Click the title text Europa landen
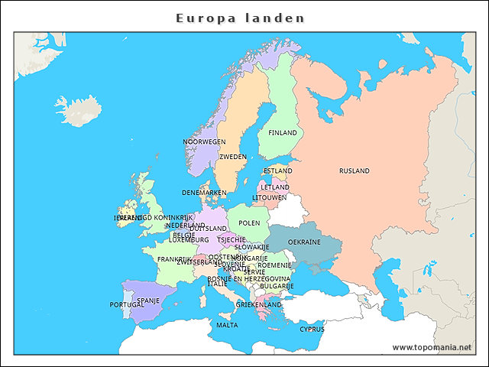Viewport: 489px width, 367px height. pos(240,18)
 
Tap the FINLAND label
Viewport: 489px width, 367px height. pos(282,133)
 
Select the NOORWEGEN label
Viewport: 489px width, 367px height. pos(204,142)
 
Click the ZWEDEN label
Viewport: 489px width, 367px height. pos(233,157)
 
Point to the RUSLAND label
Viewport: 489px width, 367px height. pos(355,171)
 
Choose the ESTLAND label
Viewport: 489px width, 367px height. pos(277,171)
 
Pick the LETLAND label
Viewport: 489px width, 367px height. pos(275,187)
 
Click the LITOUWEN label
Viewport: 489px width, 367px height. pos(270,197)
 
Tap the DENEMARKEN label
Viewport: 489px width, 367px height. pos(204,193)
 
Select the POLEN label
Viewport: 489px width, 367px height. pos(249,223)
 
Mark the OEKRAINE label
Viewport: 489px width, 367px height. pos(304,242)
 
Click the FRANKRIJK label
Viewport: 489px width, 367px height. pos(174,259)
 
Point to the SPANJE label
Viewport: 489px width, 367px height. pos(148,301)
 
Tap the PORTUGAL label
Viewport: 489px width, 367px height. pos(126,305)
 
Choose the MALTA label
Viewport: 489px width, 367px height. pos(227,325)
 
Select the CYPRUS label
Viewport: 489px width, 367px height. pos(312,330)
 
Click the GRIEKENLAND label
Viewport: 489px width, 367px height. pos(259,304)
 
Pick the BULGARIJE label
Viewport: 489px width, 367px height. pos(277,286)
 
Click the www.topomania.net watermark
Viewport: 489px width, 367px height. pos(432,347)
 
